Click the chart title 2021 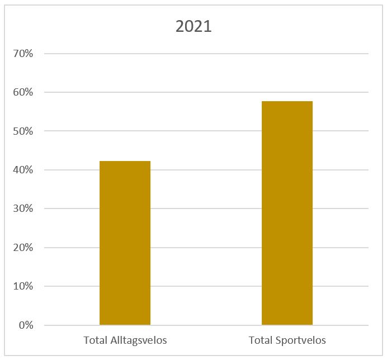(x=193, y=26)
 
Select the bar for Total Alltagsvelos (x=125, y=243)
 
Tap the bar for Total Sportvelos (x=287, y=213)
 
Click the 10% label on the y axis (x=24, y=286)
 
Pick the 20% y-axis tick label (x=24, y=248)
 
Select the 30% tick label (x=24, y=209)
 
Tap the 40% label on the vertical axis (x=24, y=170)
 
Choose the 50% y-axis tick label (x=24, y=131)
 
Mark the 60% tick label (x=24, y=92)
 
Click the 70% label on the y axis (x=24, y=54)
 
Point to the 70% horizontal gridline (x=206, y=54)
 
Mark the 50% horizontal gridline (x=206, y=131)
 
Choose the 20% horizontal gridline (x=206, y=248)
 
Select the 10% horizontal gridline (x=206, y=286)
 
